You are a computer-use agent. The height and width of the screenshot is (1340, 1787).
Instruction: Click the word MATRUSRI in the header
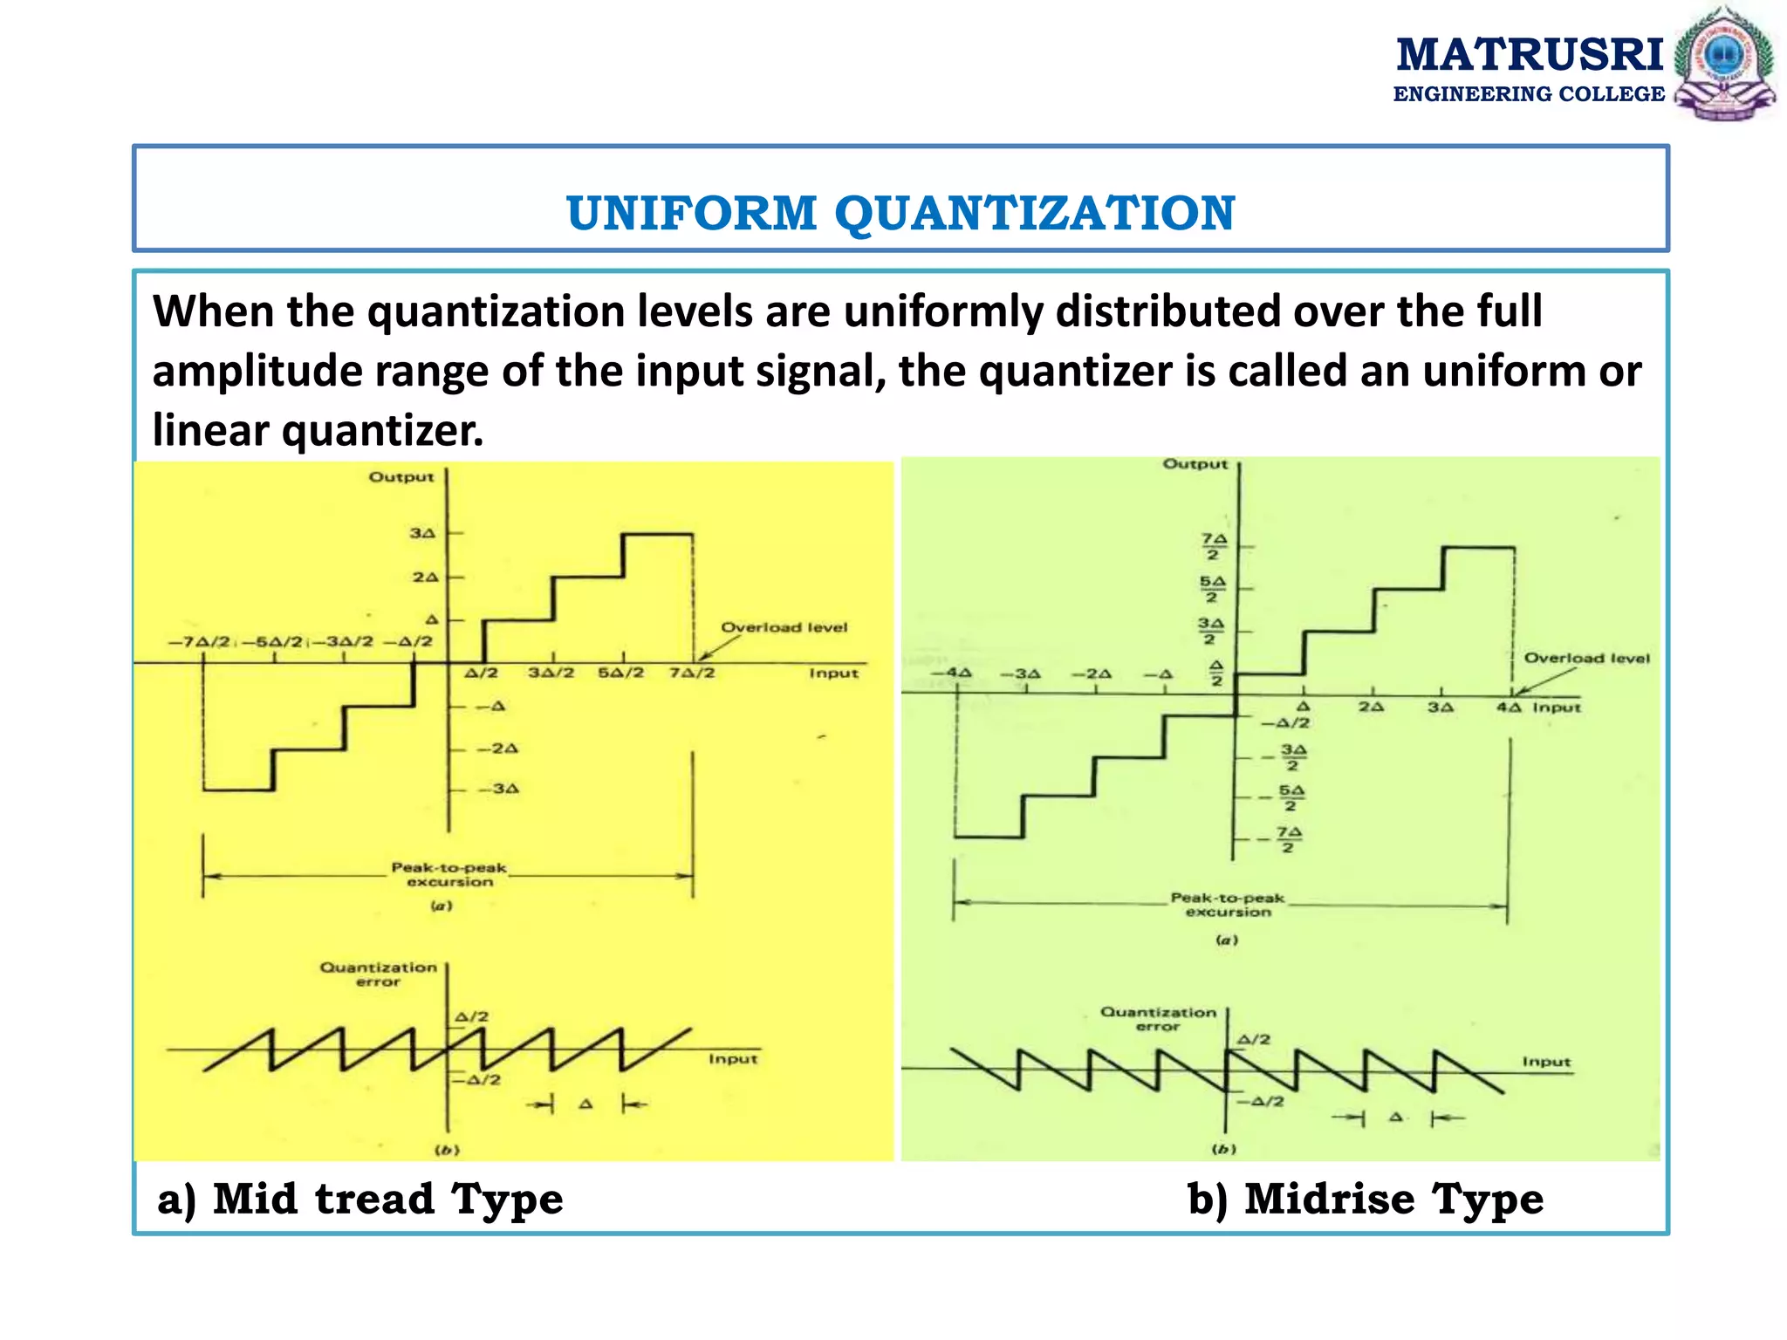[x=1530, y=54]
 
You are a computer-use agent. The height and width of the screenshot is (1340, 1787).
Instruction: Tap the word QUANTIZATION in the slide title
[x=1035, y=213]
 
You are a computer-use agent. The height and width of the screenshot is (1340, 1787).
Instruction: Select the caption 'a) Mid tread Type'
[x=360, y=1199]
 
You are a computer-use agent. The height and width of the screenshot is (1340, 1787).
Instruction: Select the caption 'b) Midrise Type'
[x=1366, y=1199]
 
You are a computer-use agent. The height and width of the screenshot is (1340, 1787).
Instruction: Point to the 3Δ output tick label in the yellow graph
[x=422, y=533]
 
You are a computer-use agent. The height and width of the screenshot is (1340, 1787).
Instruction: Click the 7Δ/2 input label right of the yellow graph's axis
[x=693, y=673]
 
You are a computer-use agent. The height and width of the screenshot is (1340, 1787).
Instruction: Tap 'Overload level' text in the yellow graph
[x=784, y=627]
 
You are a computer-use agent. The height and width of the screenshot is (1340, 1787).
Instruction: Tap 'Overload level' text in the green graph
[x=1586, y=659]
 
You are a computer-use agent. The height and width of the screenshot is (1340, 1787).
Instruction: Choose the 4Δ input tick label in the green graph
[x=1509, y=708]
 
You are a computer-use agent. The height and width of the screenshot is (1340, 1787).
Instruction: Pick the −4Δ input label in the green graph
[x=951, y=673]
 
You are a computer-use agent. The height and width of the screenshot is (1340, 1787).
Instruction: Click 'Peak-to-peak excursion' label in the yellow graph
[x=448, y=874]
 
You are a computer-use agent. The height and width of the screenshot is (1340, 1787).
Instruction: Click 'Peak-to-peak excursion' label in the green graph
[x=1228, y=905]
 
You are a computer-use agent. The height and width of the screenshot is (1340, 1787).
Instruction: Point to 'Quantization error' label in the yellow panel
[x=378, y=974]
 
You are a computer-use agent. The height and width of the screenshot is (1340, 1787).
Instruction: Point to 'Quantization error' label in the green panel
[x=1158, y=1019]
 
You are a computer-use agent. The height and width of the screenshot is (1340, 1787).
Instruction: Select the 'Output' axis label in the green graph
[x=1195, y=464]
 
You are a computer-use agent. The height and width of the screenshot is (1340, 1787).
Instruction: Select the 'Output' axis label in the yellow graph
[x=401, y=477]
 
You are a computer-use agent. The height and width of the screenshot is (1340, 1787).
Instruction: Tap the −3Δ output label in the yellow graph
[x=498, y=789]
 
